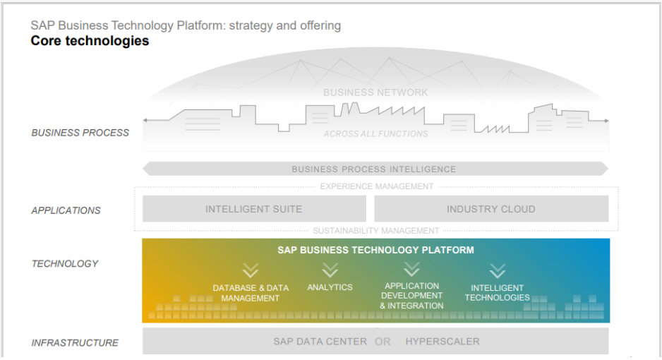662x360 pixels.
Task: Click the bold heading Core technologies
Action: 90,41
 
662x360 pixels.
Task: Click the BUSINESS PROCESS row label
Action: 80,133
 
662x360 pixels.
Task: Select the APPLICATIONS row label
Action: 66,210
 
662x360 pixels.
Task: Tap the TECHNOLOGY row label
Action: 65,264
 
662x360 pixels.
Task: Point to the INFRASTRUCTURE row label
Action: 75,343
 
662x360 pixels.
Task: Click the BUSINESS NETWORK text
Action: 375,92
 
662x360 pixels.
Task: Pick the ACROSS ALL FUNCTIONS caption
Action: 375,134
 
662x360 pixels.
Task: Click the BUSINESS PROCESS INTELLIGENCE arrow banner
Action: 374,169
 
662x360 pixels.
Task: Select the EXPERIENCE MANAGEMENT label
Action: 376,187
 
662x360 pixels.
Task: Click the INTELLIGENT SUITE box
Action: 254,209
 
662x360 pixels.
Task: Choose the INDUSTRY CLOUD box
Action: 491,209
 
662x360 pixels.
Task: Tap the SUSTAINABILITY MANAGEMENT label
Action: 376,231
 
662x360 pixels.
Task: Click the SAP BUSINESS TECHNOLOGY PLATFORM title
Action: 375,250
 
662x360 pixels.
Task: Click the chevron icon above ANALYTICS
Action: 330,270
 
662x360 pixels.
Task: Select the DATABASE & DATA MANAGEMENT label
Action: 251,293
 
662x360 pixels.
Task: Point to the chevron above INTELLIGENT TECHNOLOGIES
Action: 498,271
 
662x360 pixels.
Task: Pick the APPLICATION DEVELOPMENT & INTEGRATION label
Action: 411,296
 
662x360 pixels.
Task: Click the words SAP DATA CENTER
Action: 320,342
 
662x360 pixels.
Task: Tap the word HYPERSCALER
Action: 443,342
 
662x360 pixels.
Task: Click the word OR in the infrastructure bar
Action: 383,342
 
